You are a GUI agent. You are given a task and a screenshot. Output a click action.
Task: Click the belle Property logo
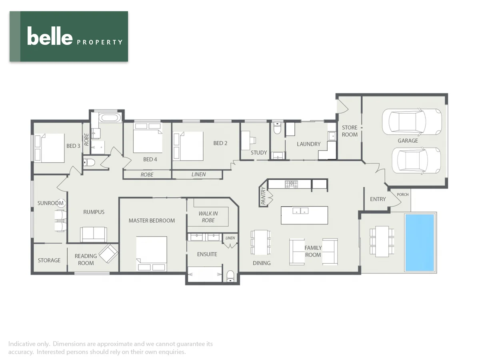pos(69,36)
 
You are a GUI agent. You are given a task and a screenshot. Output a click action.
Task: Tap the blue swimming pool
pos(419,242)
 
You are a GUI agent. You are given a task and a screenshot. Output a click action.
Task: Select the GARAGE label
pos(408,141)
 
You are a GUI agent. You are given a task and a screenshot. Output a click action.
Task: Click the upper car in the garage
pos(412,122)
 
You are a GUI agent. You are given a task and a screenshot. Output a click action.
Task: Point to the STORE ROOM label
pos(350,131)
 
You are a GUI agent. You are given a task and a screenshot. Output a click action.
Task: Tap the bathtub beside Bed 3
pos(109,118)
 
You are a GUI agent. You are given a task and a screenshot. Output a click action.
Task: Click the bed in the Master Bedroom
pos(152,253)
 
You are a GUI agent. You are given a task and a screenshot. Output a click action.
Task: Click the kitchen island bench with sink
pos(304,215)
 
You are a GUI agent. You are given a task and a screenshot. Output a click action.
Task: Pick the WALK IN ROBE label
pos(208,217)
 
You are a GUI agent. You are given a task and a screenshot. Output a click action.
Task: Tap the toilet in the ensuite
pos(230,276)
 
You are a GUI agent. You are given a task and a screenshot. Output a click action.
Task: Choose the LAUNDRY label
pos(308,144)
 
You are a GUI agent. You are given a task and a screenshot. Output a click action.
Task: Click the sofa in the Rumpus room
pos(94,234)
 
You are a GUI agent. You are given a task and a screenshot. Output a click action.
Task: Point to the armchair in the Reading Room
pos(108,253)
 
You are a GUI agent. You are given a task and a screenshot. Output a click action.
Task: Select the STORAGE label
pos(49,260)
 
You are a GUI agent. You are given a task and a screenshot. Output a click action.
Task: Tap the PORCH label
pos(402,195)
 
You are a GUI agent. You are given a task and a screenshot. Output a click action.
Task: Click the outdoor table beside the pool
pos(382,242)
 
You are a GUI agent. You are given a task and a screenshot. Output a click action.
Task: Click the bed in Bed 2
pos(188,146)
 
